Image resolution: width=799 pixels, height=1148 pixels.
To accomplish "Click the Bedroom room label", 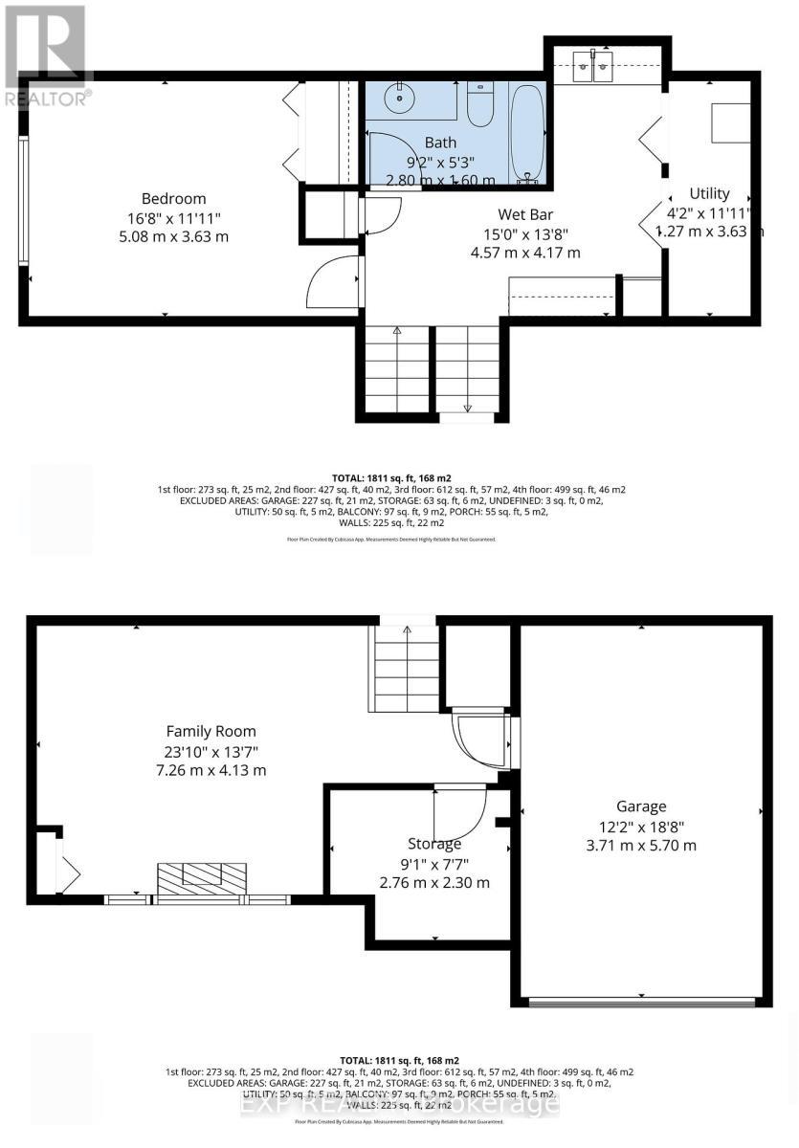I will [173, 199].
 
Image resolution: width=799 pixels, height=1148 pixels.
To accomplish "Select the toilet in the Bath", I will [481, 103].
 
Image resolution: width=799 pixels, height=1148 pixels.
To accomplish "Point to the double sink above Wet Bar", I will [593, 68].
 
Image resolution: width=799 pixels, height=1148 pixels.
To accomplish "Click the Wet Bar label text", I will [524, 214].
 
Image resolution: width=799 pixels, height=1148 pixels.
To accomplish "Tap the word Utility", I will [709, 194].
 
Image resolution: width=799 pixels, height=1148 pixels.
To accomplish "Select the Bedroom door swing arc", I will [331, 281].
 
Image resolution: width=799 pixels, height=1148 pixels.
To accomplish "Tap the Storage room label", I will [434, 844].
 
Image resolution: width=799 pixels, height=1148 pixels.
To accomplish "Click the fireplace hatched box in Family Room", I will [202, 876].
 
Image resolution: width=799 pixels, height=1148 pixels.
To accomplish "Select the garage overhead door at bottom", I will [641, 1002].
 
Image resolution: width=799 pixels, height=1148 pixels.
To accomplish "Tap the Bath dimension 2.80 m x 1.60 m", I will [440, 180].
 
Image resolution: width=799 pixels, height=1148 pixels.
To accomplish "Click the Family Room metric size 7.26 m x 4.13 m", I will [214, 770].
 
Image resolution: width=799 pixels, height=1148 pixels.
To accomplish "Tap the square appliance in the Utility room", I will [729, 121].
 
